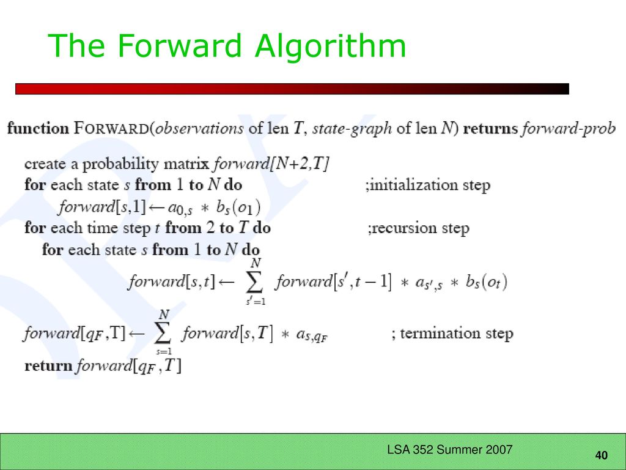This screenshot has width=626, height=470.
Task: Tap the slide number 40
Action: pyautogui.click(x=602, y=455)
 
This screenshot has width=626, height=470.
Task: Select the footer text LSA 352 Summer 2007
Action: pyautogui.click(x=449, y=450)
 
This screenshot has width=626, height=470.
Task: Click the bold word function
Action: pyautogui.click(x=39, y=129)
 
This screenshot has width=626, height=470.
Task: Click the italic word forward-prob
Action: pyautogui.click(x=569, y=129)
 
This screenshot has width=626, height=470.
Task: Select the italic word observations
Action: pyautogui.click(x=199, y=129)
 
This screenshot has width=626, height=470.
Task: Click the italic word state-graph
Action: pyautogui.click(x=352, y=129)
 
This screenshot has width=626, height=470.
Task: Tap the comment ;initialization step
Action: pyautogui.click(x=427, y=185)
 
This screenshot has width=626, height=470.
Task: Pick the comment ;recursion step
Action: pyautogui.click(x=418, y=228)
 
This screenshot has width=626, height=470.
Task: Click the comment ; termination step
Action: pyautogui.click(x=453, y=333)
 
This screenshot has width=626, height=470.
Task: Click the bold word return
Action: pyautogui.click(x=48, y=366)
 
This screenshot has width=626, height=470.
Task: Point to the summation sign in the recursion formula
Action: pyautogui.click(x=255, y=282)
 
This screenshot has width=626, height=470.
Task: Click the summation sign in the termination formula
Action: pyautogui.click(x=163, y=333)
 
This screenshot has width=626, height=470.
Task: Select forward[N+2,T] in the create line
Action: pyautogui.click(x=271, y=164)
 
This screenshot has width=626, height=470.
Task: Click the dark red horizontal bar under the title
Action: pyautogui.click(x=292, y=89)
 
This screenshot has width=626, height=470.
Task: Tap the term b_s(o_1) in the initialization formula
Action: pyautogui.click(x=238, y=207)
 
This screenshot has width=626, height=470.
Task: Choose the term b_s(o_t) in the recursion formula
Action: pyautogui.click(x=486, y=282)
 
